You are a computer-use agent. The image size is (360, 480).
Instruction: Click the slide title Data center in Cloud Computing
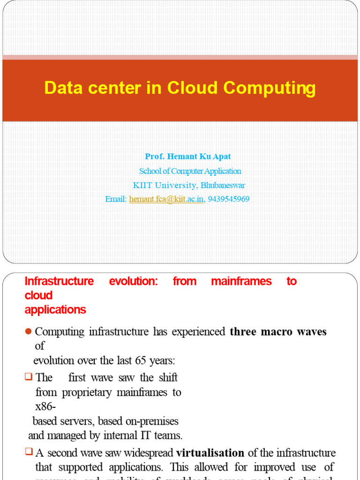[180, 88]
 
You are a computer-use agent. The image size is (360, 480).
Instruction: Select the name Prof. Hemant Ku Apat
[187, 157]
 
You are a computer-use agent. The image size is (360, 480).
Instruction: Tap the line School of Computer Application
[190, 171]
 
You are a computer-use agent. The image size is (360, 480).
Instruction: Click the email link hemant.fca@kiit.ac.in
[167, 199]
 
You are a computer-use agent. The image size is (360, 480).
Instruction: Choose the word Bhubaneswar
[223, 185]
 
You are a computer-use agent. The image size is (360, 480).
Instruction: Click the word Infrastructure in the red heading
[59, 281]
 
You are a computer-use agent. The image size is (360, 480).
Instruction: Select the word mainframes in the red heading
[241, 281]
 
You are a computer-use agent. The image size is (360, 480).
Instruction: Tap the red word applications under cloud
[55, 310]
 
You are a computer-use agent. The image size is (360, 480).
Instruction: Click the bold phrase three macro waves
[278, 332]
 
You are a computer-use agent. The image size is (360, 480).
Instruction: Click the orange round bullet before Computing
[28, 332]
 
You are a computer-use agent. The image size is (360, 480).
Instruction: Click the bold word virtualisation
[210, 453]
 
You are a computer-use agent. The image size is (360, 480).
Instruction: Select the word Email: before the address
[116, 199]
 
